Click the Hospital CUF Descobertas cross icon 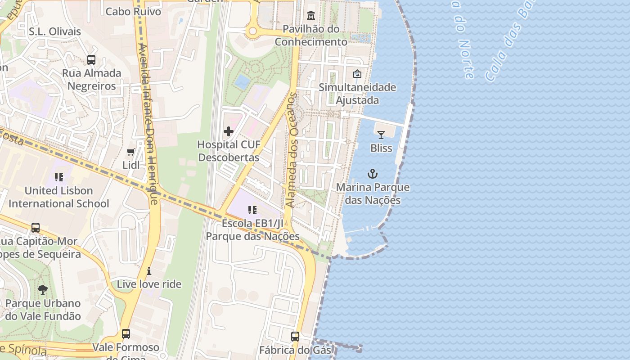[x=229, y=131]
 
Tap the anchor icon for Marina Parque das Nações [x=373, y=174]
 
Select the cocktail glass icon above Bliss [x=381, y=135]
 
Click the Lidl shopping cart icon [x=131, y=152]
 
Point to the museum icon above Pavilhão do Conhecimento [x=310, y=16]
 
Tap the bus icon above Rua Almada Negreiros [x=91, y=59]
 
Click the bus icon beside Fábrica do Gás [x=295, y=336]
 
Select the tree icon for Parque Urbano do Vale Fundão [x=43, y=290]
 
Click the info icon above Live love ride [x=149, y=271]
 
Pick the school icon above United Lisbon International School [x=59, y=177]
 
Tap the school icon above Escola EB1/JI [x=252, y=210]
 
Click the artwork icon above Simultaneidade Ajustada [x=357, y=74]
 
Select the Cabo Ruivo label [x=133, y=11]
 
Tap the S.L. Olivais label [x=55, y=31]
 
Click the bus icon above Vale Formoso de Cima [x=126, y=334]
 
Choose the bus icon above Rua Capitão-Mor [x=36, y=228]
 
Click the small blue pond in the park [x=243, y=81]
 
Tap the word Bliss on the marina [x=381, y=148]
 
